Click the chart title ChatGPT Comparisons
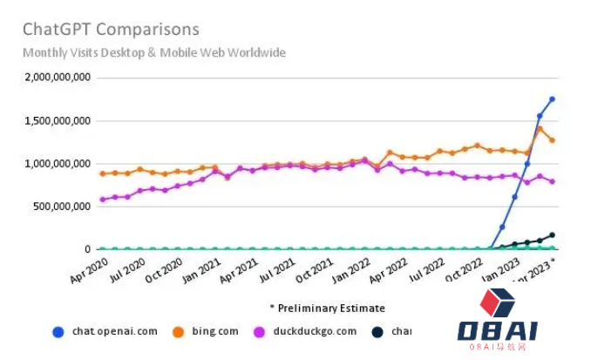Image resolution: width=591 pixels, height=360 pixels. point(111,31)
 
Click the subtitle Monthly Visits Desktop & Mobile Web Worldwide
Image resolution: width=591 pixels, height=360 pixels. point(154,52)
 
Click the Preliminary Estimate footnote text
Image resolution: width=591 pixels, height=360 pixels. point(327,308)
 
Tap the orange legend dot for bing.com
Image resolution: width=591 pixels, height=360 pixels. point(177,331)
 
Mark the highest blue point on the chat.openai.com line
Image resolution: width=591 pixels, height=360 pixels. point(552,99)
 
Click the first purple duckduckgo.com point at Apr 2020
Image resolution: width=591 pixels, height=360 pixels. point(103,200)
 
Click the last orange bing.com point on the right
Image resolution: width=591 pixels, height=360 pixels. point(552,140)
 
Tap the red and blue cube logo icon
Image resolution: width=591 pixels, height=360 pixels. point(498,302)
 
